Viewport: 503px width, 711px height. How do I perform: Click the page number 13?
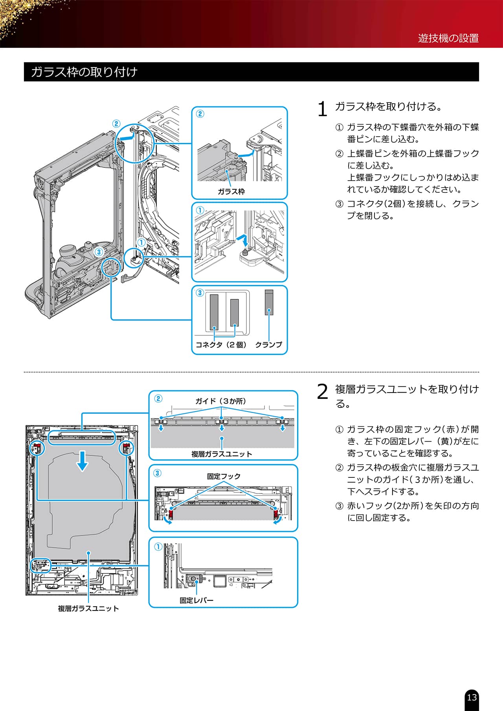point(472,697)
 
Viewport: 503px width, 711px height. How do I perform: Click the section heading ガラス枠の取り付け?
point(84,72)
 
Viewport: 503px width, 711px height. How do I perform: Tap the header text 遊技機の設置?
point(448,38)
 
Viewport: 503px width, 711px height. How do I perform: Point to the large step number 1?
point(322,109)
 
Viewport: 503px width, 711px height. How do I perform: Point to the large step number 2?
point(322,391)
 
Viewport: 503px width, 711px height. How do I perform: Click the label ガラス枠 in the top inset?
point(231,192)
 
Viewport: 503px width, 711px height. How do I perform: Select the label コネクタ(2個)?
point(221,345)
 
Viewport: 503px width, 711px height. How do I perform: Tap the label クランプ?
point(268,345)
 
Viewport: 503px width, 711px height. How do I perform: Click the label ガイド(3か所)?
point(220,401)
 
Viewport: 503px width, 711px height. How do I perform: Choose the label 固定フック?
point(224,476)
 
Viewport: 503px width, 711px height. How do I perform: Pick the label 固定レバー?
point(196,600)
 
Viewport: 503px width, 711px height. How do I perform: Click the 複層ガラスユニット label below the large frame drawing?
point(88,609)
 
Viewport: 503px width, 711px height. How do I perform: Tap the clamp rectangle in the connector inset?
point(269,302)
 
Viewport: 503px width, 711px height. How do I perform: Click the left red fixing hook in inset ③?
point(171,513)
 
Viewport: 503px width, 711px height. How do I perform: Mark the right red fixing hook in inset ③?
point(276,513)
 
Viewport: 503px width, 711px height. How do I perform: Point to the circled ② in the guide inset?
point(158,399)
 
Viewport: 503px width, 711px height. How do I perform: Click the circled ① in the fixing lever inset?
point(158,547)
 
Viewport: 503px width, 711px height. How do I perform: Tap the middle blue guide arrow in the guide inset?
point(222,428)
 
